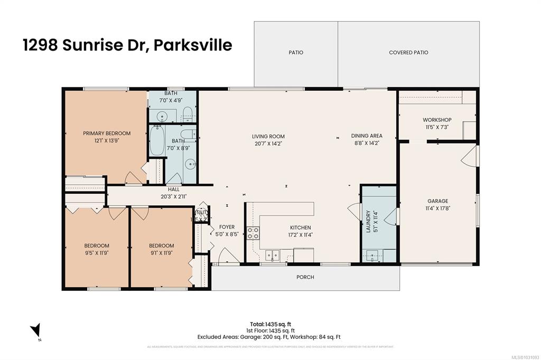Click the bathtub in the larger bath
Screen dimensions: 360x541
(x=157, y=140)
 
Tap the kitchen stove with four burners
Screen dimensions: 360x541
(x=253, y=233)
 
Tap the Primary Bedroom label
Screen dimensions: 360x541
(x=106, y=134)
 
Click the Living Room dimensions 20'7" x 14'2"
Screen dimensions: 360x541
(x=268, y=143)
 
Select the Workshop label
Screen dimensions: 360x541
(x=437, y=120)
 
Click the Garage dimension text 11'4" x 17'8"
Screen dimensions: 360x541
(x=438, y=208)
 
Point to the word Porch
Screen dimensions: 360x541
(x=305, y=277)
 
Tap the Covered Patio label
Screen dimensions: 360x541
(x=408, y=53)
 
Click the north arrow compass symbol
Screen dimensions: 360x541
(x=35, y=330)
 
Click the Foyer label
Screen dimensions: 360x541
(x=227, y=227)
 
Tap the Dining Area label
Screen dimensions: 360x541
(x=367, y=136)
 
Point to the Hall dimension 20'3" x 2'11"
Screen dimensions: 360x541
(x=174, y=196)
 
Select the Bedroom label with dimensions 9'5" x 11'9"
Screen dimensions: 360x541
(x=97, y=245)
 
